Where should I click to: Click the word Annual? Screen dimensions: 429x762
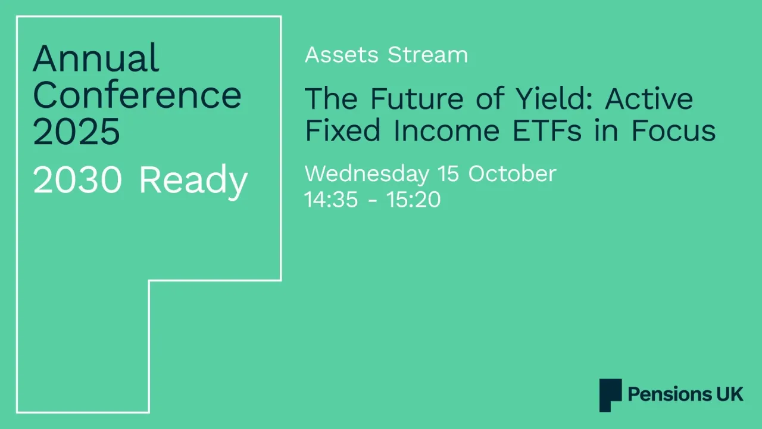pyautogui.click(x=96, y=58)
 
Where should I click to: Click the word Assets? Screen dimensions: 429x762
pyautogui.click(x=342, y=55)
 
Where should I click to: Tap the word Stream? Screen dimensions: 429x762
pyautogui.click(x=427, y=55)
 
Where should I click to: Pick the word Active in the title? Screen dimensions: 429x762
pyautogui.click(x=649, y=98)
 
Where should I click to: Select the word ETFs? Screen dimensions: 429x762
pyautogui.click(x=564, y=130)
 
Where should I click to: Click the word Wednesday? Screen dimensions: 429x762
pyautogui.click(x=366, y=174)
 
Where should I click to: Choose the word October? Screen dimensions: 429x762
pyautogui.click(x=512, y=174)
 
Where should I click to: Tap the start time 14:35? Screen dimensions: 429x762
pyautogui.click(x=331, y=199)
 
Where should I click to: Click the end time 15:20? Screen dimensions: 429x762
pyautogui.click(x=413, y=199)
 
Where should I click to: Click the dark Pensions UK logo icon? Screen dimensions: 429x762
pyautogui.click(x=610, y=395)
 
